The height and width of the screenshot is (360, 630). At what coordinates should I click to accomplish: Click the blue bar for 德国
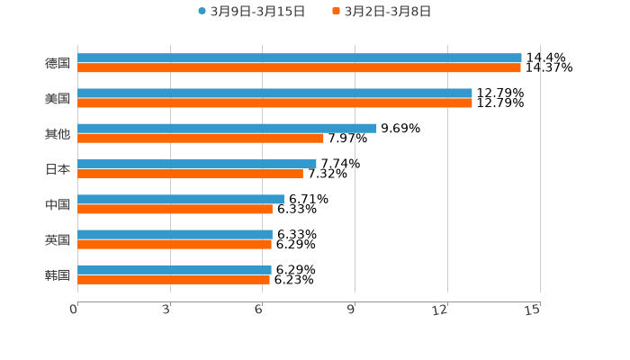tap(300, 58)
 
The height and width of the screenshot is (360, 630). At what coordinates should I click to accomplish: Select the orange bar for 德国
tap(300, 68)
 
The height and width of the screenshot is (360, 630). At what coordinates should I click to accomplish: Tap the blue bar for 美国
tap(274, 94)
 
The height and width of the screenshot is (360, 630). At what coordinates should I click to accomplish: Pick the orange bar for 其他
tap(201, 139)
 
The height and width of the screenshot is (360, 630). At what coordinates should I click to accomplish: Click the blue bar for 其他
tap(227, 129)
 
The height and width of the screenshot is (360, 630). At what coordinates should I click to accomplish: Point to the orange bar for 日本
tap(190, 174)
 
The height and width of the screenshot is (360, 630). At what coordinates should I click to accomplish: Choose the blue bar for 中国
tap(181, 199)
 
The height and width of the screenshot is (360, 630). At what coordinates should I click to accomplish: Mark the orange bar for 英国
tap(175, 244)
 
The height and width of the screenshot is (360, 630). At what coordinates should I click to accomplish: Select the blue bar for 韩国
tap(175, 269)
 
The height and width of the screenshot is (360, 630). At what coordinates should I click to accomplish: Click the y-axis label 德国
tap(58, 64)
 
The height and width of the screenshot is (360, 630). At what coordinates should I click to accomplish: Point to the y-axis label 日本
tap(58, 169)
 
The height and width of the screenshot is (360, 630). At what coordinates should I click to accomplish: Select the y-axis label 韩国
tap(58, 274)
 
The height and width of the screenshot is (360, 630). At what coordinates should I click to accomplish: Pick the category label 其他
tap(58, 134)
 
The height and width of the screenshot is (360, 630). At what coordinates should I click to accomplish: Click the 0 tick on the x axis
tap(74, 310)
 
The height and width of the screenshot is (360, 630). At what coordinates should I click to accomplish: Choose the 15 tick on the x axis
tap(533, 310)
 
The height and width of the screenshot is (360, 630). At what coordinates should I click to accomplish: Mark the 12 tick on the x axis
tap(440, 310)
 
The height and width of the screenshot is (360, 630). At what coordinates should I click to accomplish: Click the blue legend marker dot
tap(202, 12)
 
